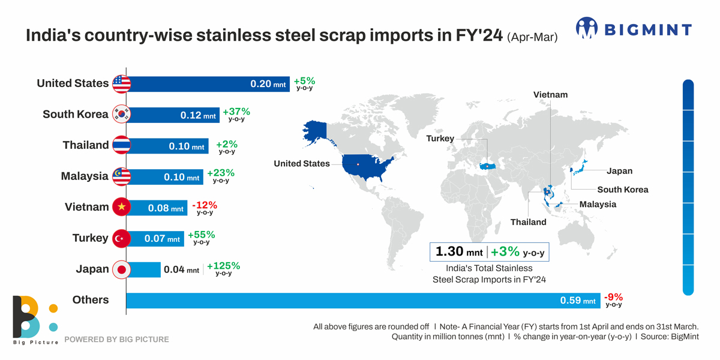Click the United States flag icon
coord(121,83)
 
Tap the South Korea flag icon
coord(121,114)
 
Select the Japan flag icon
coord(121,269)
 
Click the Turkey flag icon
coord(121,238)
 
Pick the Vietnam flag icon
coord(121,207)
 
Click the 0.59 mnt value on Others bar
coord(578,301)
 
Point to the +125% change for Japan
coord(223,266)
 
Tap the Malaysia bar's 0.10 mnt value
coord(181,178)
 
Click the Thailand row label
coord(86,145)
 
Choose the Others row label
coord(90,299)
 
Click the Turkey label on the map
coord(440,139)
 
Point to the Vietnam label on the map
coord(550,94)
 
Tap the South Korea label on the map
coord(622,190)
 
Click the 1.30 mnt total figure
coord(458,251)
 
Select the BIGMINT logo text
coord(647,29)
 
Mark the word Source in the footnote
coord(654,337)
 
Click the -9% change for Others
coord(614,296)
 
